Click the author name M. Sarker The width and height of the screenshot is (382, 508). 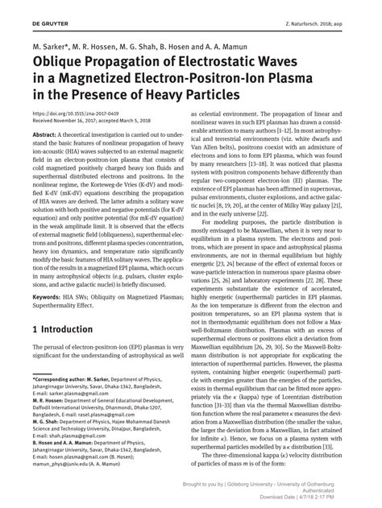(52, 47)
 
